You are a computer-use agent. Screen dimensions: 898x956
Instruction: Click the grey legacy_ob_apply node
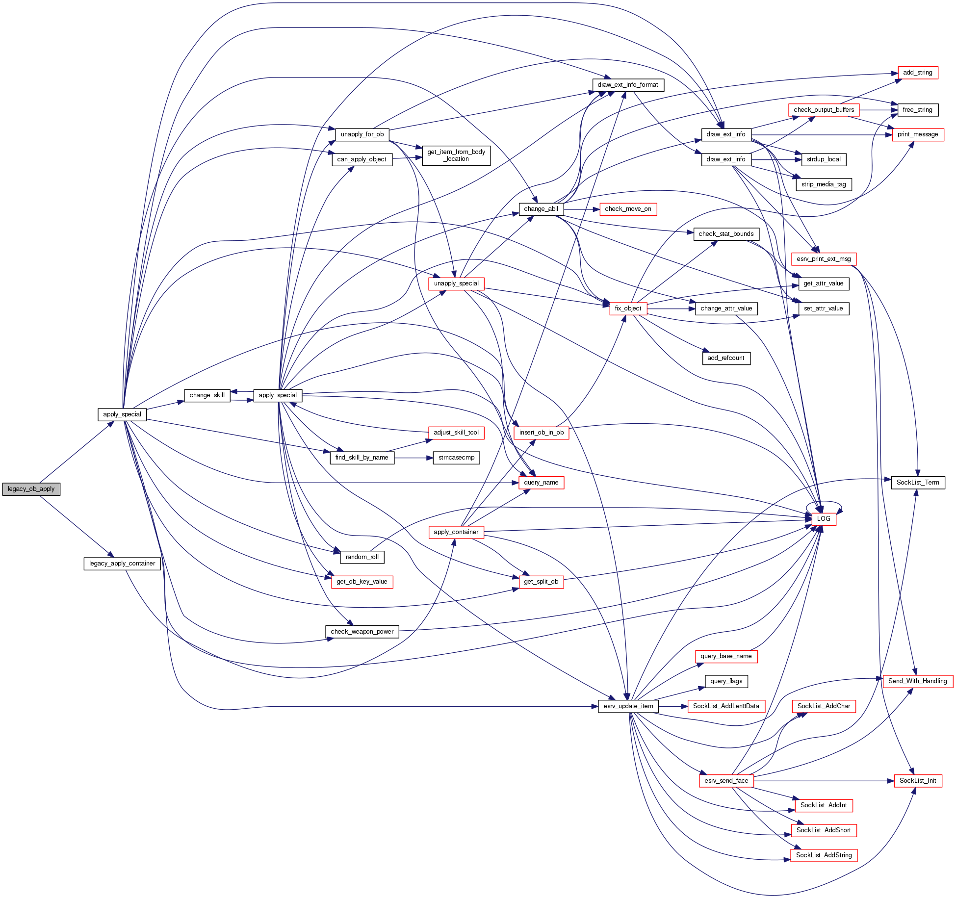coord(31,489)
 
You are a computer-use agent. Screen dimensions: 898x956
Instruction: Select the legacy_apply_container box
coord(122,564)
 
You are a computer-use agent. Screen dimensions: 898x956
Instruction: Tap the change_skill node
coord(207,395)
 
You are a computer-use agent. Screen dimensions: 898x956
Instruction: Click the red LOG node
coord(824,519)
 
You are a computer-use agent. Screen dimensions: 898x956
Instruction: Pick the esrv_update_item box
coord(628,706)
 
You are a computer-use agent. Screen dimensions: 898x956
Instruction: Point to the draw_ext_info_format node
coord(628,85)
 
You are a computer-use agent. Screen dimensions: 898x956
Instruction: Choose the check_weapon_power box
coord(362,632)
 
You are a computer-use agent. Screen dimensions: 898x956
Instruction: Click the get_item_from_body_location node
coord(456,155)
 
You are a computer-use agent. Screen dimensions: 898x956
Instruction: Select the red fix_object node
coord(628,308)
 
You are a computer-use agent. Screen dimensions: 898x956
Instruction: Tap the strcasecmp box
coord(456,458)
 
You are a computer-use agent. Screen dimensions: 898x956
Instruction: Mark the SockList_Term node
coord(918,483)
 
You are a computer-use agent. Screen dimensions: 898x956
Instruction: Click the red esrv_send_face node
coord(726,781)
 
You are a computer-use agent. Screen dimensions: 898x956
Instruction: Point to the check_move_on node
coord(628,209)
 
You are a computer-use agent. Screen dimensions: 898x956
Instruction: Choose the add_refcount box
coord(726,358)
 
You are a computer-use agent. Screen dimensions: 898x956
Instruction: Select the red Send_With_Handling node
coord(917,681)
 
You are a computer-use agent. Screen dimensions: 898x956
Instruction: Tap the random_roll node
coord(362,557)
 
